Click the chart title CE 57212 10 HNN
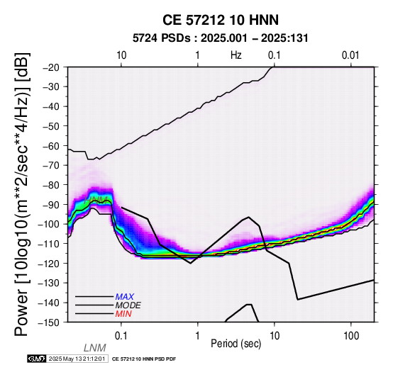point(221,20)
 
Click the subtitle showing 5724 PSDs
point(221,38)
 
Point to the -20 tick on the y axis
point(52,67)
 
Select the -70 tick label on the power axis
point(52,165)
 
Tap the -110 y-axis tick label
point(50,244)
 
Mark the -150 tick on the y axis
point(50,322)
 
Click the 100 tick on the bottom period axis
point(351,336)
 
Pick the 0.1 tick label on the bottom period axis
point(121,336)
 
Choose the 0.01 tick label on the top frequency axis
point(350,55)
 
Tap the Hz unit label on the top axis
point(236,55)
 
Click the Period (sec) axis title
point(236,344)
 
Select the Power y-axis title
point(22,194)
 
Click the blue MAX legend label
point(125,297)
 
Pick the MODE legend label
point(128,305)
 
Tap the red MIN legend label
point(123,314)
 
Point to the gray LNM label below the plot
point(95,348)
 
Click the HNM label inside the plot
point(96,201)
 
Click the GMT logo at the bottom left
point(37,359)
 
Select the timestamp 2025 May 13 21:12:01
point(77,359)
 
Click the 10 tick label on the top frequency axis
point(121,55)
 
